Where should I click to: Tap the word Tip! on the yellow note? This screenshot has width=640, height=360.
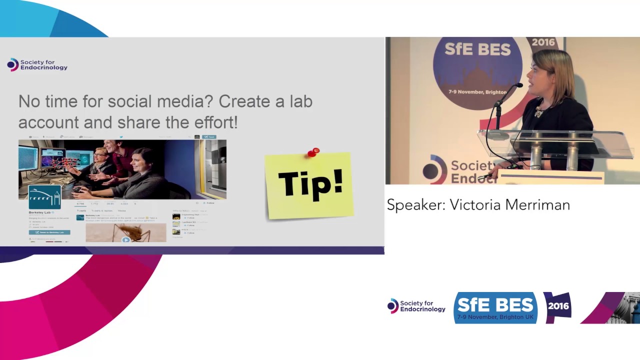pos(310,183)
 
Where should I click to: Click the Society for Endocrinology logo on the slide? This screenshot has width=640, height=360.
pos(37,65)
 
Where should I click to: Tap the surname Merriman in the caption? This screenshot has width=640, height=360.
pos(540,205)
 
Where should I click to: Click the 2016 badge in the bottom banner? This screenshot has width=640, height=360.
pos(558,306)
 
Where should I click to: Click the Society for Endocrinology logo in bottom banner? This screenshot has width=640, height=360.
pos(416,306)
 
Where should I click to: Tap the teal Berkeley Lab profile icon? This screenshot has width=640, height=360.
pos(44,197)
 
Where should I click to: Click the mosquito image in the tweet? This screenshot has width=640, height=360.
pos(125,232)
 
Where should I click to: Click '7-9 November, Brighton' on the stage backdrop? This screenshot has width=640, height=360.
pos(477,92)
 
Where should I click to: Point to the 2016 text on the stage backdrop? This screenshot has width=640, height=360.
pos(543,42)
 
